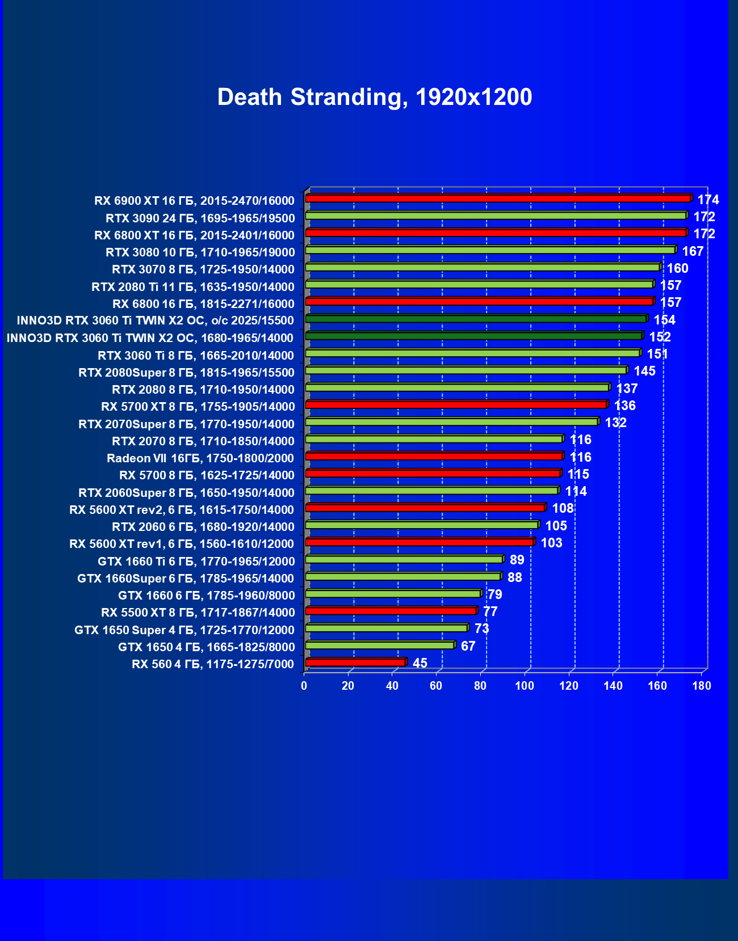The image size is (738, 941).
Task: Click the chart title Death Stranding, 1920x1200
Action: point(375,98)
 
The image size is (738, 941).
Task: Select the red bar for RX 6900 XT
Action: point(497,199)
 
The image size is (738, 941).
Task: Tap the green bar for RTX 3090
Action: point(495,216)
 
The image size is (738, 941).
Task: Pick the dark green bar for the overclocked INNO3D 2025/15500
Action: point(476,319)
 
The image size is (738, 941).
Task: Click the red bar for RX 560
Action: point(355,662)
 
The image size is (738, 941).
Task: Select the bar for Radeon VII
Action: point(434,456)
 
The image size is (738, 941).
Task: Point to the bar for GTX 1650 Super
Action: point(386,628)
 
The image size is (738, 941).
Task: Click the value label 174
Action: point(708,200)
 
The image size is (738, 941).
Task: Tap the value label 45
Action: point(420,663)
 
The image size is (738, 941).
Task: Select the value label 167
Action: point(693,251)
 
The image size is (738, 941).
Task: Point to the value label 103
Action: point(551,543)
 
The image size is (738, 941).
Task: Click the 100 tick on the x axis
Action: point(525,686)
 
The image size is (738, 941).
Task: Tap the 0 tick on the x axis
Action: point(304,686)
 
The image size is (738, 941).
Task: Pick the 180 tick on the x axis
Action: point(702,686)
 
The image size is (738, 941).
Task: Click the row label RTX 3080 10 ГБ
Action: point(200,252)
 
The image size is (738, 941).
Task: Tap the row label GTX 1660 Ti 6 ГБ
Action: point(196,562)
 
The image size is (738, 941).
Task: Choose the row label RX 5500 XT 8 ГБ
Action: point(198,613)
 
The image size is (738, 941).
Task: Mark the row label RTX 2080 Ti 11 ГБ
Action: point(193,287)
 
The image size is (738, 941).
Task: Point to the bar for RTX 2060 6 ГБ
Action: point(421,525)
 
